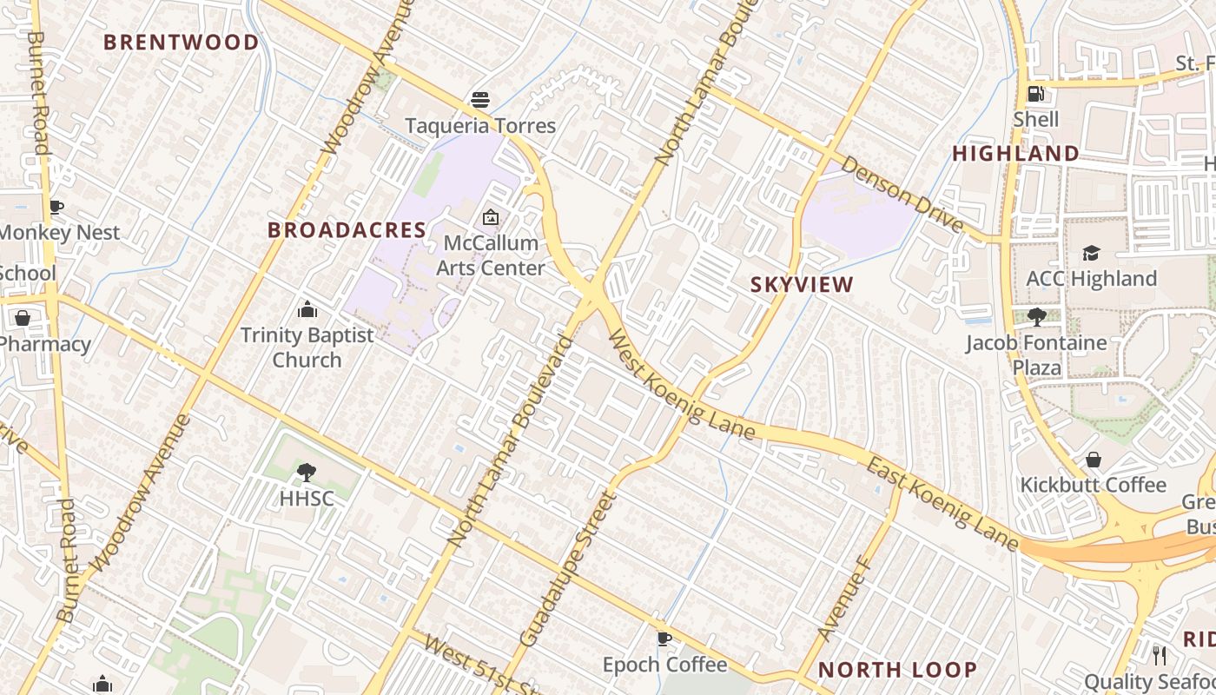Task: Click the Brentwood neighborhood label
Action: click(x=181, y=43)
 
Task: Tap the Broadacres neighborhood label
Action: click(x=347, y=230)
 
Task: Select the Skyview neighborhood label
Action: click(x=802, y=284)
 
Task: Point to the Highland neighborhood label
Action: click(x=1015, y=154)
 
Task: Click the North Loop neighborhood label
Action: click(x=897, y=670)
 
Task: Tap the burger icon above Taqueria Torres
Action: click(x=479, y=100)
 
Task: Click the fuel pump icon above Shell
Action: click(x=1035, y=93)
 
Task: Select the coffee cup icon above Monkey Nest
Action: click(x=56, y=207)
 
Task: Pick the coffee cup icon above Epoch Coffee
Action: click(x=664, y=639)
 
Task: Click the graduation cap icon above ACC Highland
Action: click(x=1091, y=253)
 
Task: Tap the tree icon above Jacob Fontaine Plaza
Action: click(x=1035, y=316)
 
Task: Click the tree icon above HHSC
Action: click(x=306, y=473)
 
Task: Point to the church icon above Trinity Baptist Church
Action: click(x=307, y=309)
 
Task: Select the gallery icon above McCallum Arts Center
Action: click(x=491, y=217)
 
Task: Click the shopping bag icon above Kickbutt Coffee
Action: click(x=1093, y=459)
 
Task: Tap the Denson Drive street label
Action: click(x=902, y=195)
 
